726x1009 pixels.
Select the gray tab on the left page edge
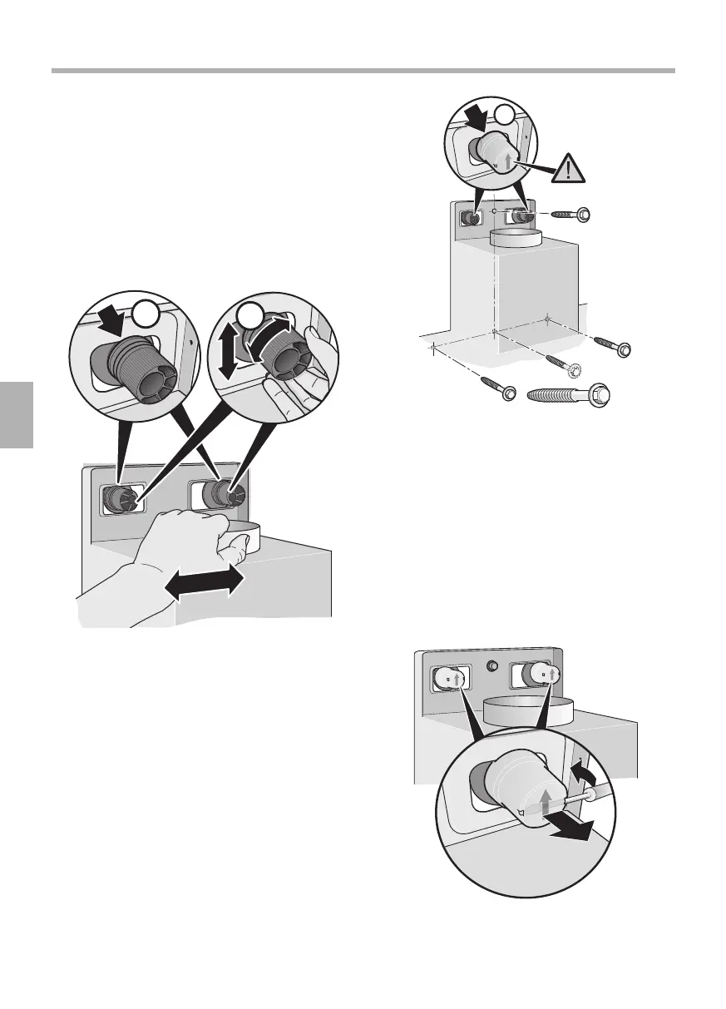[x=16, y=415]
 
